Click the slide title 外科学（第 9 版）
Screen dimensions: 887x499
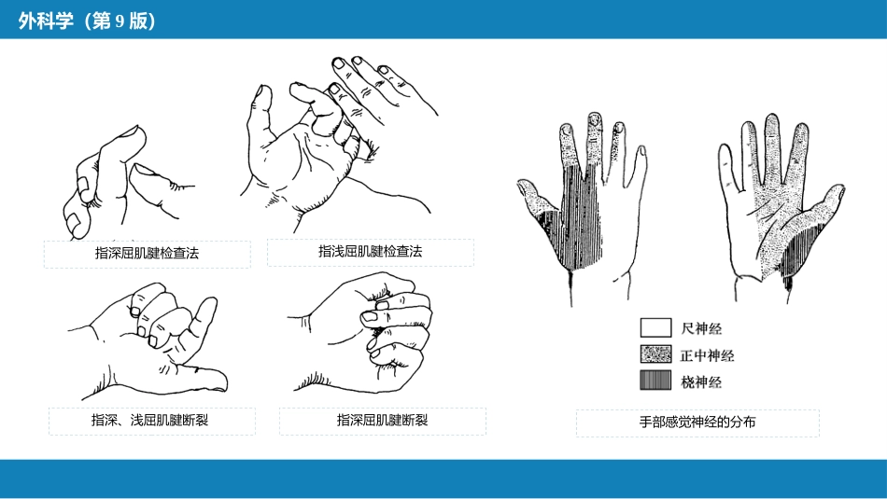(87, 21)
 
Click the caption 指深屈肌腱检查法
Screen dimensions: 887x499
(148, 253)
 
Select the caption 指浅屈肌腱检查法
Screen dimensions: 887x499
(371, 252)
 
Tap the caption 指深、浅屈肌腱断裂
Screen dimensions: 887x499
(150, 420)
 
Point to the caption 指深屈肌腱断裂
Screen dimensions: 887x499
(383, 420)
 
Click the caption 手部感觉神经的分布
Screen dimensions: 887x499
(697, 423)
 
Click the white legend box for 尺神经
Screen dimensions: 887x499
(655, 327)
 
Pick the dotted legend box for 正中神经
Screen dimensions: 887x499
(655, 354)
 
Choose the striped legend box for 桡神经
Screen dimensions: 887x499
(655, 381)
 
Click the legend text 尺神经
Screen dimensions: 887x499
(701, 328)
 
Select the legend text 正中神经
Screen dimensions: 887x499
(707, 355)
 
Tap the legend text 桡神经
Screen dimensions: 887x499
(701, 382)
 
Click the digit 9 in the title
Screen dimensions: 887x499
(120, 21)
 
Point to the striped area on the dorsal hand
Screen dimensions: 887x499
(580, 220)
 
